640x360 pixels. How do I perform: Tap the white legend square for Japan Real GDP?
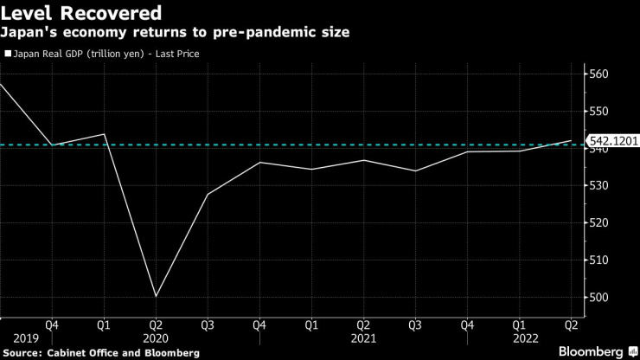click(9, 54)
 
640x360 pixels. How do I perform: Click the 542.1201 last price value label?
click(612, 140)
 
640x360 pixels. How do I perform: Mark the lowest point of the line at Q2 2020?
click(157, 297)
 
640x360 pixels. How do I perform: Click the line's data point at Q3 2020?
click(208, 194)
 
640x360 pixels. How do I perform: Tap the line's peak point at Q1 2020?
click(105, 134)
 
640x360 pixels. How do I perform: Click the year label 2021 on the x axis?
click(363, 338)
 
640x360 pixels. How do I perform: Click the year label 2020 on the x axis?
click(156, 338)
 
